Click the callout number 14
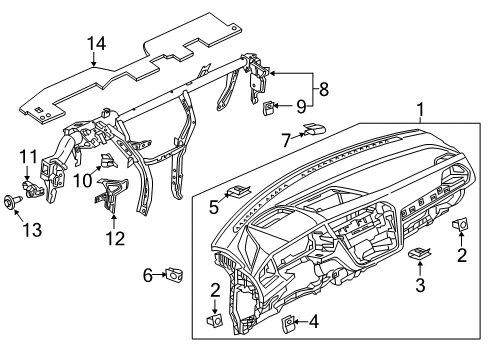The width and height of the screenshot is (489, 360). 97,44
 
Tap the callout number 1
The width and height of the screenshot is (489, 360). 421,109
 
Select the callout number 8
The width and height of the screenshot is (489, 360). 324,89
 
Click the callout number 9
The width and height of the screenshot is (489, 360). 301,107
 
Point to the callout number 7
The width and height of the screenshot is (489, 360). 286,140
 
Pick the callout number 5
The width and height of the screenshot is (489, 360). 214,207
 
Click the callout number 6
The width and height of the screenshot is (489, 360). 148,276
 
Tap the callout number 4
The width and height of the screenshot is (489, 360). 314,322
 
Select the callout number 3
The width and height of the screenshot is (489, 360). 420,285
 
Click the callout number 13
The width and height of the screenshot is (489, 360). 32,230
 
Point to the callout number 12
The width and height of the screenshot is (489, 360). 115,238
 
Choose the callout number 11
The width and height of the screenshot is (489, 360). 29,156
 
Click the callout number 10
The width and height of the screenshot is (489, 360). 82,181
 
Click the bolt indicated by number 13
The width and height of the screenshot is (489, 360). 12,202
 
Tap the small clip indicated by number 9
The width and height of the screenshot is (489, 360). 269,108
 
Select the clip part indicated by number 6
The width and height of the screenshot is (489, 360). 175,274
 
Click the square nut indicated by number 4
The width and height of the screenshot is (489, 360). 288,323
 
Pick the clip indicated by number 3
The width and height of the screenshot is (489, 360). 419,253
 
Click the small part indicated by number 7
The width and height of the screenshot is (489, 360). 314,129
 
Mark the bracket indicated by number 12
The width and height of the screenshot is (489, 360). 110,195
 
